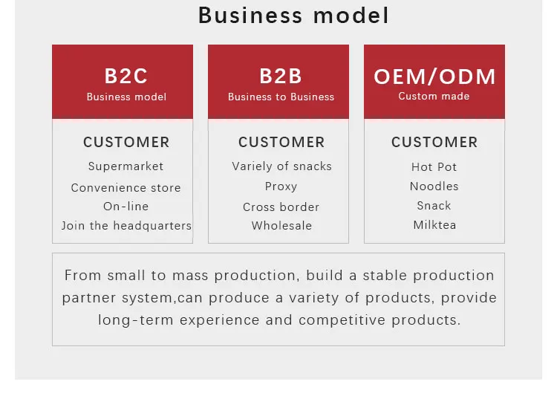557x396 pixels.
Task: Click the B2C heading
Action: pos(126,76)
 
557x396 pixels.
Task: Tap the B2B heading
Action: pos(281,76)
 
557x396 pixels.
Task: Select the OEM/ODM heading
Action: pos(434,77)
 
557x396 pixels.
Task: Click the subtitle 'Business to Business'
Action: pos(281,97)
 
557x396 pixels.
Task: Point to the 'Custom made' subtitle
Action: pos(434,96)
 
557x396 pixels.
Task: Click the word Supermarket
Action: pos(126,166)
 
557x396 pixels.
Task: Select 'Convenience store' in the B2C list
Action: pos(126,188)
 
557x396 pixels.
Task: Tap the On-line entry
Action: pos(126,207)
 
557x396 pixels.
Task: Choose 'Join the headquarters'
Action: pos(126,226)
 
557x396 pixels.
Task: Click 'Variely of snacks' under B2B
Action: pos(281,166)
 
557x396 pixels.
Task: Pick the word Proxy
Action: pos(281,186)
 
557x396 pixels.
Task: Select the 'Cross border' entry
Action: pos(281,207)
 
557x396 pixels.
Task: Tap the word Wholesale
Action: pos(281,225)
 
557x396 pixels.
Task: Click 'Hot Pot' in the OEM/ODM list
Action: pos(434,166)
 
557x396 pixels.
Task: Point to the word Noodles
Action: pos(434,186)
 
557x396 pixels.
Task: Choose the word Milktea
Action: pos(434,224)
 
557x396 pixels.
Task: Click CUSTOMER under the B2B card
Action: pos(281,142)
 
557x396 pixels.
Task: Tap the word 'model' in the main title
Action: pos(351,16)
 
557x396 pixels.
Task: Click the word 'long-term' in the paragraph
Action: pos(135,320)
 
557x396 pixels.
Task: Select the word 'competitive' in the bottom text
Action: pos(342,320)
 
